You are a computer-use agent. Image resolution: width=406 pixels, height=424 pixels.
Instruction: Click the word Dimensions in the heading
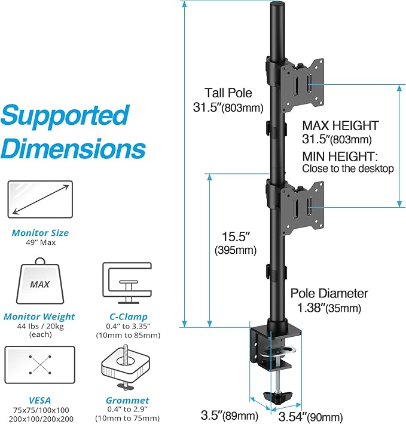pyautogui.click(x=73, y=148)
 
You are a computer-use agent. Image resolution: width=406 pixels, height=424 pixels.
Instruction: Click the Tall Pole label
pyautogui.click(x=228, y=93)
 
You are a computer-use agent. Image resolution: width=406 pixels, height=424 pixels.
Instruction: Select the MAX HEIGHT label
pyautogui.click(x=340, y=126)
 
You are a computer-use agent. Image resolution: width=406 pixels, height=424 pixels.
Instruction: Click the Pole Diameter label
pyautogui.click(x=329, y=294)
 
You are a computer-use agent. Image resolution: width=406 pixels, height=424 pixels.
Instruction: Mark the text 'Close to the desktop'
pyautogui.click(x=347, y=168)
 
